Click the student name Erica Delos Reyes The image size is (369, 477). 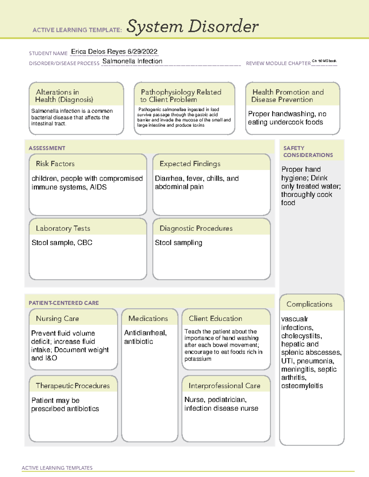tap(98, 52)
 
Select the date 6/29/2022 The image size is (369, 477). tap(142, 52)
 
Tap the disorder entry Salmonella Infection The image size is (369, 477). tap(132, 61)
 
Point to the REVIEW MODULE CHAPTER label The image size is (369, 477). tap(278, 63)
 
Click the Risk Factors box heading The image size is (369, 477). tap(55, 164)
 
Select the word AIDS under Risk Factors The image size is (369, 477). tap(98, 187)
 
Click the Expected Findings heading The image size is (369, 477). tap(190, 164)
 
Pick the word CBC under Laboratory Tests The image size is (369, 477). tap(85, 243)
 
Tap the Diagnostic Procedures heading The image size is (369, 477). tap(196, 228)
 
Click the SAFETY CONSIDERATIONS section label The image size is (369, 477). tap(307, 151)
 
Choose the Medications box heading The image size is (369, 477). tap(148, 319)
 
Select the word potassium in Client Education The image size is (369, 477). tap(198, 359)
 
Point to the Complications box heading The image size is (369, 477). tap(309, 304)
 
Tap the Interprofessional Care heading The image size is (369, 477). tap(224, 385)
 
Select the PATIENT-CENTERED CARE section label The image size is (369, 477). tap(64, 303)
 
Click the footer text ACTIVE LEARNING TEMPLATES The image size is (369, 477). tap(57, 468)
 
